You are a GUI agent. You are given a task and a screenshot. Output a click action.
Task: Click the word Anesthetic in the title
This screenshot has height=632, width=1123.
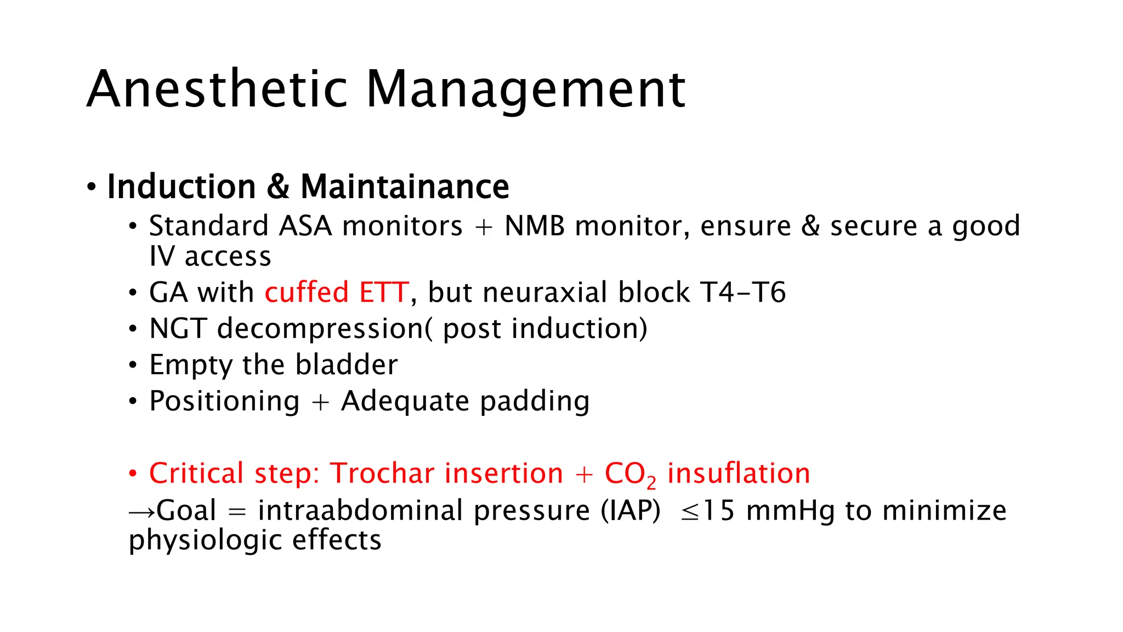point(217,89)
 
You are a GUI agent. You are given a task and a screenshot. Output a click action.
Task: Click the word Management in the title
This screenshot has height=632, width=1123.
point(525,89)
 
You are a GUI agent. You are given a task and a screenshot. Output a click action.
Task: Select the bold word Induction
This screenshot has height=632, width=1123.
point(182,187)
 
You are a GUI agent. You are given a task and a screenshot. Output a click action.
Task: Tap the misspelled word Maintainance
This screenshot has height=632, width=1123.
point(405,187)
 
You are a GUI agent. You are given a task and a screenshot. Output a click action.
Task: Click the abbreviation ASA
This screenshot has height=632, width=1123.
point(305,226)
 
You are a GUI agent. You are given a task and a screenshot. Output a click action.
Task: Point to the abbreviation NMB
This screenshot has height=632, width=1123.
point(535,226)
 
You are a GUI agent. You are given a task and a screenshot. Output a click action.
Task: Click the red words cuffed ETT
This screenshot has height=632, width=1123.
point(337,292)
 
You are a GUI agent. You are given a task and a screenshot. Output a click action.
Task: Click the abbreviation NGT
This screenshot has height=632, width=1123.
point(178,329)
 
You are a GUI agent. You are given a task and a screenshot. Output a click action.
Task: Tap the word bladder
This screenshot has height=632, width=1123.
point(346,365)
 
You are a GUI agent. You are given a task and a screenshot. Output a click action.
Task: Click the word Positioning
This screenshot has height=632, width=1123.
point(224,401)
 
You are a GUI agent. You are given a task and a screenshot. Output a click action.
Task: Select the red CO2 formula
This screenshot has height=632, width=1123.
point(629,475)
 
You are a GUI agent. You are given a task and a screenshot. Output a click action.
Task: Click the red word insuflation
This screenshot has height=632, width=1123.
point(738,473)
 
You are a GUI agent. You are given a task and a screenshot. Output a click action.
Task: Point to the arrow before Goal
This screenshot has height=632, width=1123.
point(141,512)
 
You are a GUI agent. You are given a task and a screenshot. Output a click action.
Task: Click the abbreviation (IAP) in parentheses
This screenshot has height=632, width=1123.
point(631,511)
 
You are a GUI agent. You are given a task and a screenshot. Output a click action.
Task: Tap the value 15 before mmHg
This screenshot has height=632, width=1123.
point(718,511)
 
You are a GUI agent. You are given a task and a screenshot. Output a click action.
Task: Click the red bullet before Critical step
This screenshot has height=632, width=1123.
point(133,473)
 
